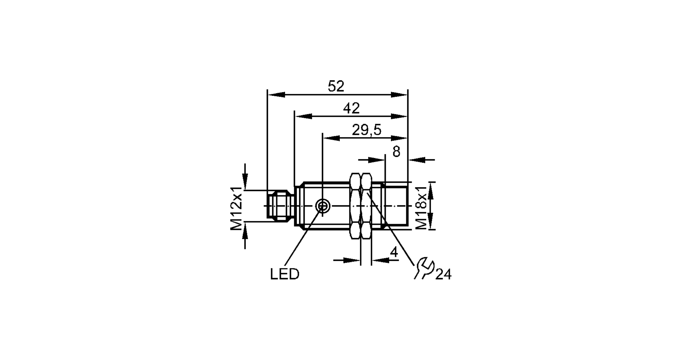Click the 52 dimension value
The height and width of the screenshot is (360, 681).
click(336, 86)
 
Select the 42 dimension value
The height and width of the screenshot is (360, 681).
click(351, 108)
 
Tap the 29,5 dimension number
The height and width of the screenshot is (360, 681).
click(367, 130)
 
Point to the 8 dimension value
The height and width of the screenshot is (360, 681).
click(396, 152)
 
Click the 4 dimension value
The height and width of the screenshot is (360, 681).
click(394, 252)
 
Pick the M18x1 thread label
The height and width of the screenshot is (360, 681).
click(422, 207)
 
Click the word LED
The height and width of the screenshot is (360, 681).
click(285, 274)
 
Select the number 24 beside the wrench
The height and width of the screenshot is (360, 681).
click(443, 274)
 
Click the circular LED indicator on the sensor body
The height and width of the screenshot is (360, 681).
click(322, 206)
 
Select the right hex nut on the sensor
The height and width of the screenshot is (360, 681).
click(366, 206)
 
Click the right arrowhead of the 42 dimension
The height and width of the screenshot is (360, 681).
click(399, 116)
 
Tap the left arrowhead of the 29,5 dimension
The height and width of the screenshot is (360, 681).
click(331, 138)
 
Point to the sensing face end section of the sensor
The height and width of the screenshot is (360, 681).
click(396, 206)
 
